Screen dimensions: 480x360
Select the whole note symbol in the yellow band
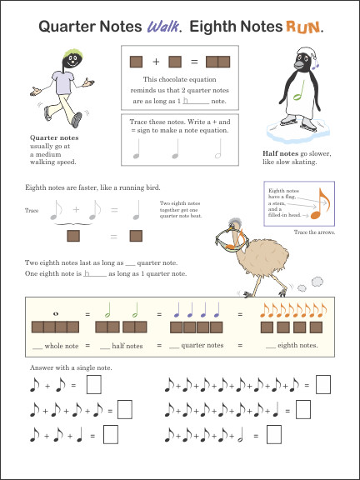tap(54, 313)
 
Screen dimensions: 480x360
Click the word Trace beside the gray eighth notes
tap(32, 211)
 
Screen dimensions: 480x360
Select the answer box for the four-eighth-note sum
tap(125, 409)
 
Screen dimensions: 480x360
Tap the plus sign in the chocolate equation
tap(156, 61)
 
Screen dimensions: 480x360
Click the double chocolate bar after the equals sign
tap(217, 61)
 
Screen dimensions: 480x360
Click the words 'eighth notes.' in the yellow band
tap(297, 344)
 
